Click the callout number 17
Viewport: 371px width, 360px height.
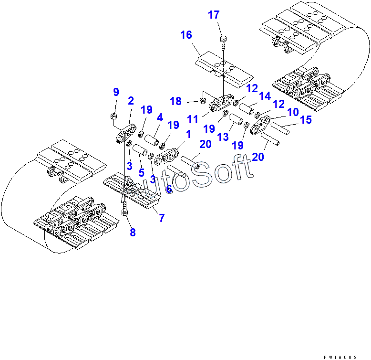pos(214,15)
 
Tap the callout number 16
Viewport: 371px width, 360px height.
pos(186,35)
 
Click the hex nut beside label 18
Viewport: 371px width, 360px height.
pos(202,101)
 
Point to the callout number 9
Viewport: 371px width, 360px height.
pos(115,91)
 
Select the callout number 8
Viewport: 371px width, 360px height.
pos(133,233)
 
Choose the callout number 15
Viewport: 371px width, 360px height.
pos(305,120)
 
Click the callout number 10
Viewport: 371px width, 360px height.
pos(293,112)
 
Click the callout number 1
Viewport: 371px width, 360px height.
pos(188,135)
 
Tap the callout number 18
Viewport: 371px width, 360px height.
pos(175,101)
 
